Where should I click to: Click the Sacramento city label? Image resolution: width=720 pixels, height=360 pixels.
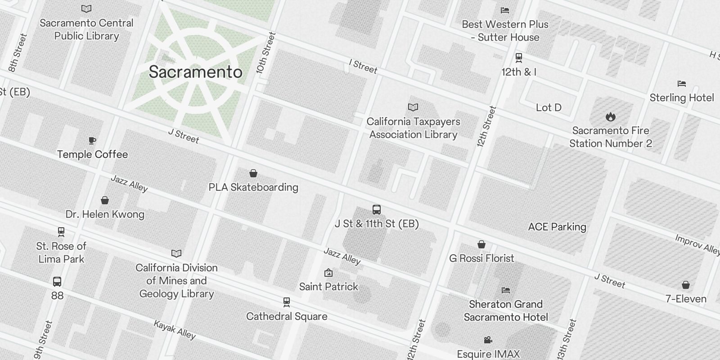point(195,72)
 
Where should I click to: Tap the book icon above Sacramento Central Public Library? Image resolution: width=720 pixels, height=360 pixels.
point(86,9)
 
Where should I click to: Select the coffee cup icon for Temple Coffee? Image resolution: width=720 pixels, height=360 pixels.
point(92,140)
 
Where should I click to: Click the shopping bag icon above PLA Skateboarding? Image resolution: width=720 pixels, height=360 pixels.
point(253,173)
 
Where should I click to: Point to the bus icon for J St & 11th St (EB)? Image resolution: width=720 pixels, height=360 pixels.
point(377,209)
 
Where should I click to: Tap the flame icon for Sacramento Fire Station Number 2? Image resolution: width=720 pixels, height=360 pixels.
point(610,117)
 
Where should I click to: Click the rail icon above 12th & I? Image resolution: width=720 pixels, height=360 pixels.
point(518,58)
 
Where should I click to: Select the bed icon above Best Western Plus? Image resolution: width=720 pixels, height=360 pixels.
point(505,10)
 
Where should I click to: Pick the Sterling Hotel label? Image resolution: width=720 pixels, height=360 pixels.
point(681,98)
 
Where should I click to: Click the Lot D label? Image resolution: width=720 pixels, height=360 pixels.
point(549,108)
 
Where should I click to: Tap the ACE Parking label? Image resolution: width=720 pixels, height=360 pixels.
point(557,227)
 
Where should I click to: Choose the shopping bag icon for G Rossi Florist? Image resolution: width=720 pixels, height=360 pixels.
point(481,244)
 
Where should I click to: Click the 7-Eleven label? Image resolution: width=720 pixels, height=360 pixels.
point(686,299)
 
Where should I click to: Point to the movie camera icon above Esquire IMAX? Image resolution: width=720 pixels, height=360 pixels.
point(488,340)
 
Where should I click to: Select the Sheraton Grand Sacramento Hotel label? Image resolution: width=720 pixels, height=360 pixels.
point(506,310)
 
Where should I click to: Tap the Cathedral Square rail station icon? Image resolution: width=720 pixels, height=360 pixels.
point(286,302)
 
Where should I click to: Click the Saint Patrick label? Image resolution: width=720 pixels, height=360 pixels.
point(328,287)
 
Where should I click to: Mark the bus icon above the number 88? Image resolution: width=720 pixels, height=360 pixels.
point(57,282)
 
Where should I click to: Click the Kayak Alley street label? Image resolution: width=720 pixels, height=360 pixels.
point(175,330)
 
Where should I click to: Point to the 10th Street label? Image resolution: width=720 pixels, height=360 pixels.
point(265,53)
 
